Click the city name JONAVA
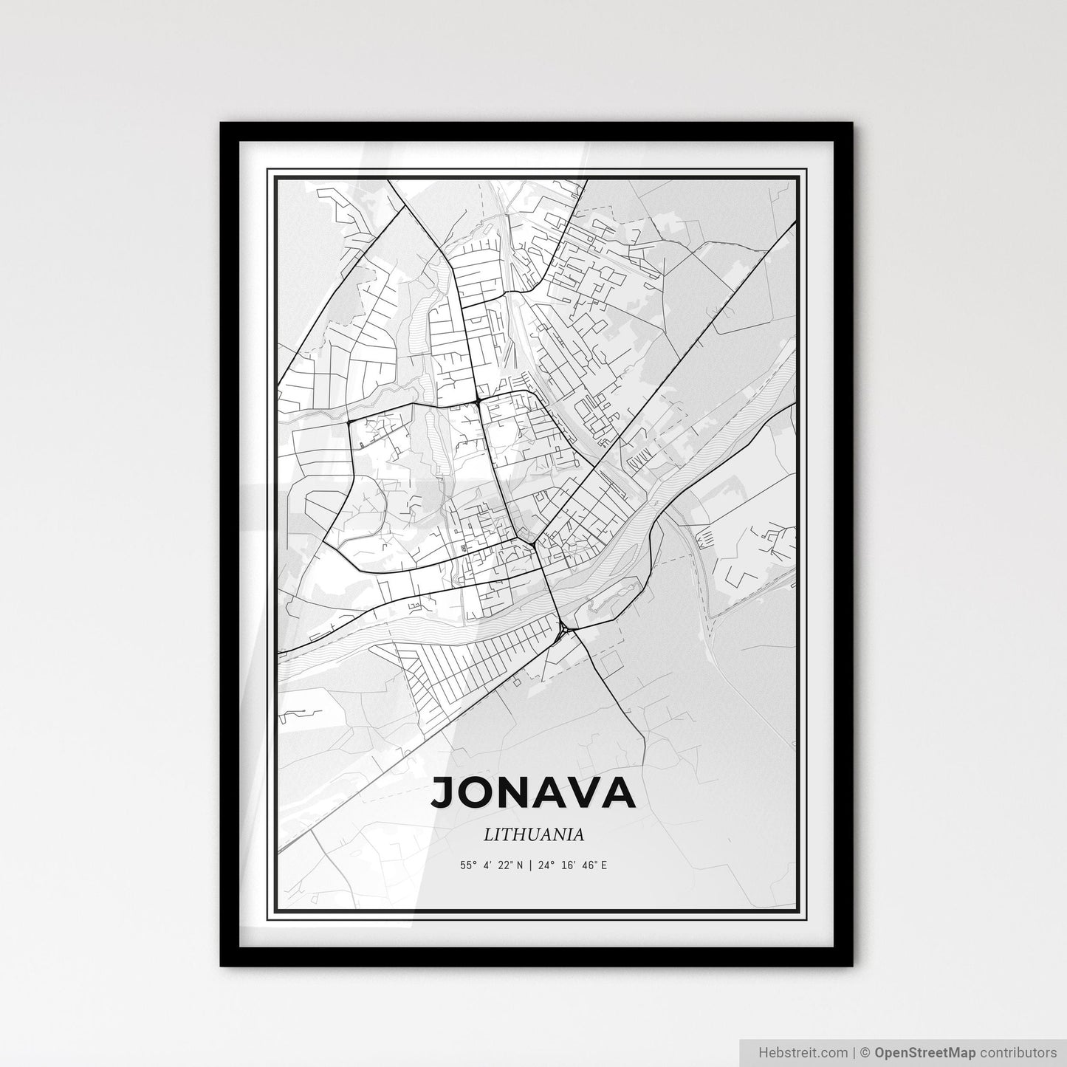click(x=533, y=792)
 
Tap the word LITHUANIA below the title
click(x=534, y=834)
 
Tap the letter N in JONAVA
click(x=513, y=792)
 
